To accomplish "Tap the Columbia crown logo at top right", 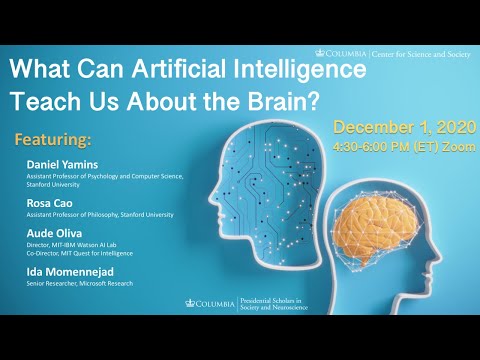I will tap(319, 50).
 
